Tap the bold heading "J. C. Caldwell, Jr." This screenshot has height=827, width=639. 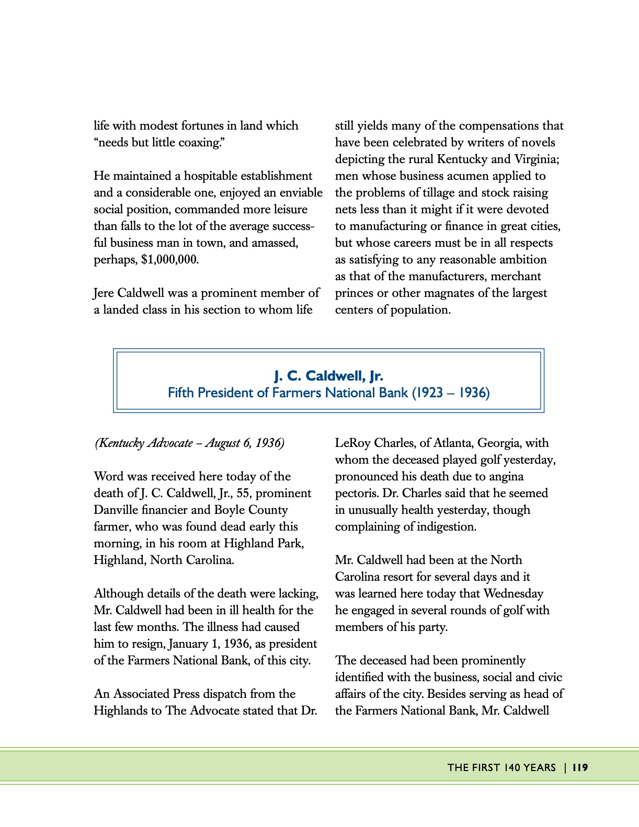pos(328,376)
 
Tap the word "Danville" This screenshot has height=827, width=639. pos(117,510)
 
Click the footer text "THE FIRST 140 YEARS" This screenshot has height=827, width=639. pos(501,767)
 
